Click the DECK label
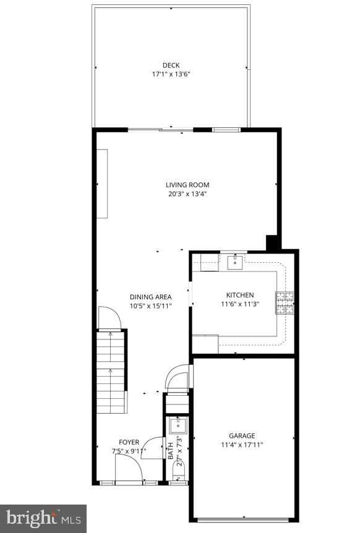coord(171,65)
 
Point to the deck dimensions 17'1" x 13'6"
coord(171,74)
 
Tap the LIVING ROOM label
coord(187,184)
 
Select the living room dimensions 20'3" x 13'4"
coord(187,194)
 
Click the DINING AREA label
coord(150,297)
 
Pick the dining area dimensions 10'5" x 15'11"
coord(150,305)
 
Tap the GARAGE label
coord(242,435)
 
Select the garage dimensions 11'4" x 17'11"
coord(242,444)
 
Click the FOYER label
coord(129,441)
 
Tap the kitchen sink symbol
coord(235,263)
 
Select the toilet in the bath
coord(179,474)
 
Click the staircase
coord(111,371)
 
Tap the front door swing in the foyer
coord(129,472)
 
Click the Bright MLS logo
coord(43,518)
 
